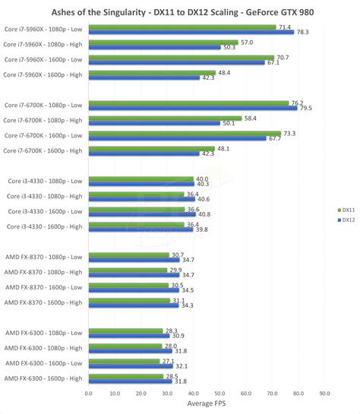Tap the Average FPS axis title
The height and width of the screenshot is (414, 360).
click(206, 405)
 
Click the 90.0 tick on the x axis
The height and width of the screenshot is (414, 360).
click(324, 393)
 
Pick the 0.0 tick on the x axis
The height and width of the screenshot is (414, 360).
click(89, 393)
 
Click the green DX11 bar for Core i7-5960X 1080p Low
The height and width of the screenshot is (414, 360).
click(182, 27)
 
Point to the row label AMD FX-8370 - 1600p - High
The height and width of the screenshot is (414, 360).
click(44, 302)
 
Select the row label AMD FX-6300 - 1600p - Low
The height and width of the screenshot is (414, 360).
click(45, 362)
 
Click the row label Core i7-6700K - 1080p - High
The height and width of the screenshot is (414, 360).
click(43, 120)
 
